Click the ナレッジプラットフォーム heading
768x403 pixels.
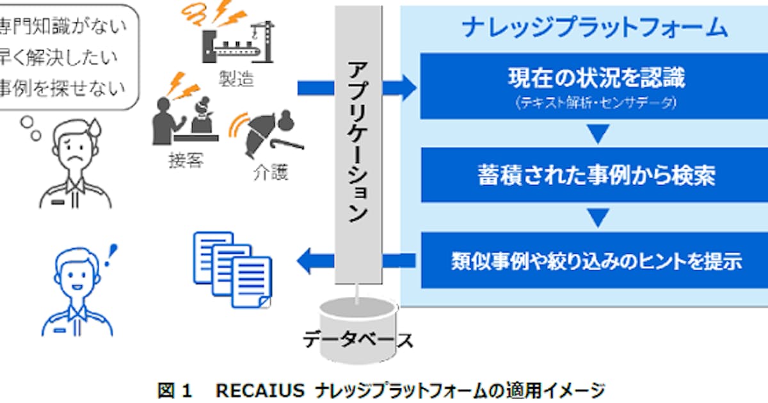point(595,28)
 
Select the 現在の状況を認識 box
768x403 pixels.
point(596,86)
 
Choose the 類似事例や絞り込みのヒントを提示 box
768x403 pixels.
point(596,261)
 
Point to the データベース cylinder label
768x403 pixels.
point(358,338)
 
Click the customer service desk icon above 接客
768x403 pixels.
point(186,118)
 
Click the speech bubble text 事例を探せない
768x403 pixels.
point(64,86)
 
